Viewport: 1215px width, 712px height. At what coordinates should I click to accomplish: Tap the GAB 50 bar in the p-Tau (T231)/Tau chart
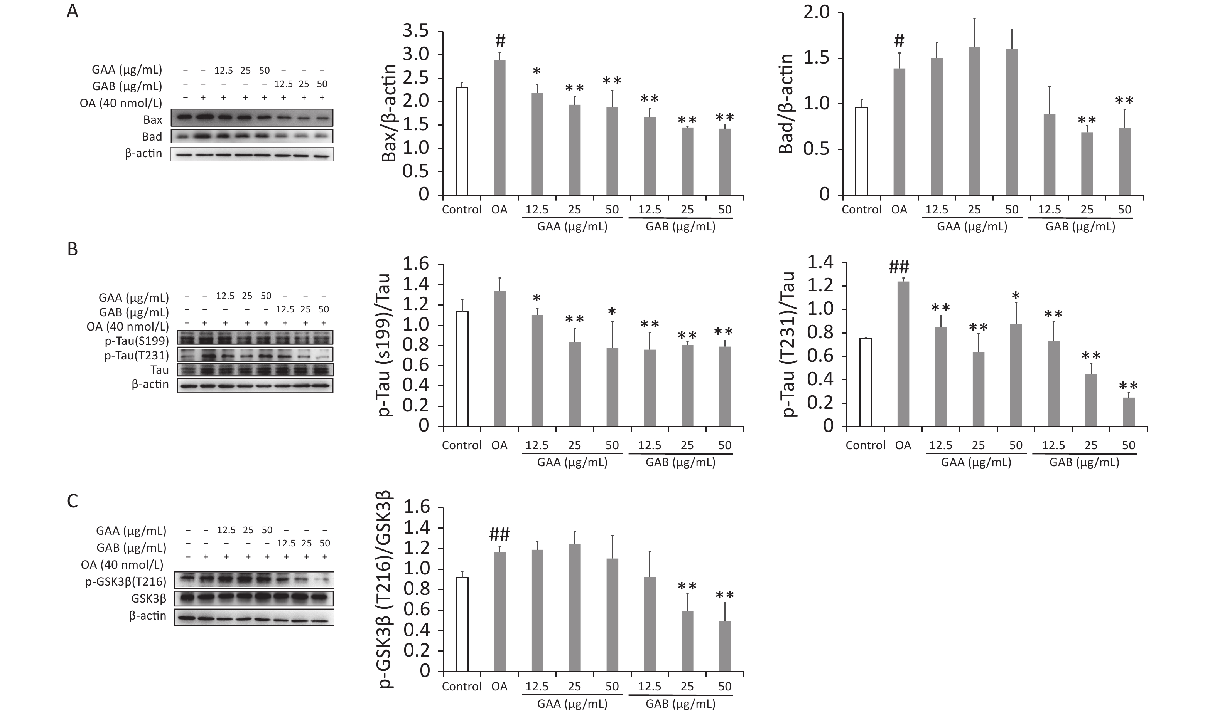pos(1129,411)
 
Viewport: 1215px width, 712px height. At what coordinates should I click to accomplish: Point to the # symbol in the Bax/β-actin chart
pos(500,40)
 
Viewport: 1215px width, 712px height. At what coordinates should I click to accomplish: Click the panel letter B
pos(73,250)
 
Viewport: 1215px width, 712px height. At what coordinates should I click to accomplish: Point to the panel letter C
pos(73,501)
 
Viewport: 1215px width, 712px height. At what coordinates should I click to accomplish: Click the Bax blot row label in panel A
pos(152,119)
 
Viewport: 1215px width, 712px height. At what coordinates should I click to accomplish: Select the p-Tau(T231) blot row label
pos(137,356)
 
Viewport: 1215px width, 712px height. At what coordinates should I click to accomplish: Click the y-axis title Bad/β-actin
pos(786,104)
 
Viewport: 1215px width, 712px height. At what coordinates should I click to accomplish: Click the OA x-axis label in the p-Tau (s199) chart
pos(499,445)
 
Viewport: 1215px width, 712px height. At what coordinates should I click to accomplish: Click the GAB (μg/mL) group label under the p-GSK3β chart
pos(680,704)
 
